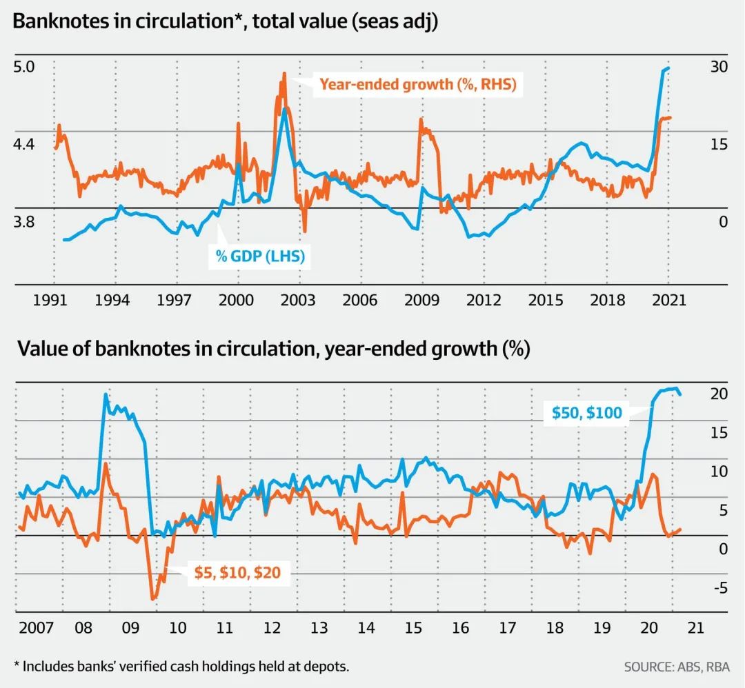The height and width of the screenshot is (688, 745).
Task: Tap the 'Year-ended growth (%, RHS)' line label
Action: pos(417,85)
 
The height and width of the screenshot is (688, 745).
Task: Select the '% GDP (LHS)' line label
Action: pos(260,257)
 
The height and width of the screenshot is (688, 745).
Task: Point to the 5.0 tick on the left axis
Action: pos(23,68)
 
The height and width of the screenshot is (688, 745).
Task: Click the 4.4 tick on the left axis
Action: pos(23,145)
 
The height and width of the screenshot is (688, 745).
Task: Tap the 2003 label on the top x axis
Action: pos(298,300)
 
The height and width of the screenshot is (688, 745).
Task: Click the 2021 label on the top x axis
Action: pos(668,300)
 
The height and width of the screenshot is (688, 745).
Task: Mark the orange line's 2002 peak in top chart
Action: pos(284,73)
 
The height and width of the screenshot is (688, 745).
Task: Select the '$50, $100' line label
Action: pos(587,413)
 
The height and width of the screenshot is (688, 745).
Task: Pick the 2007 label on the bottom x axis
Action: pos(34,628)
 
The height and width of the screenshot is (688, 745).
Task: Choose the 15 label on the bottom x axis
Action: pos(413,628)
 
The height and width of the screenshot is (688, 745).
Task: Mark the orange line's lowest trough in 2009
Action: pos(153,598)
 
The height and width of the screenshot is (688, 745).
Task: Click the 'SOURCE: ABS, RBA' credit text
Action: pos(676,667)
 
